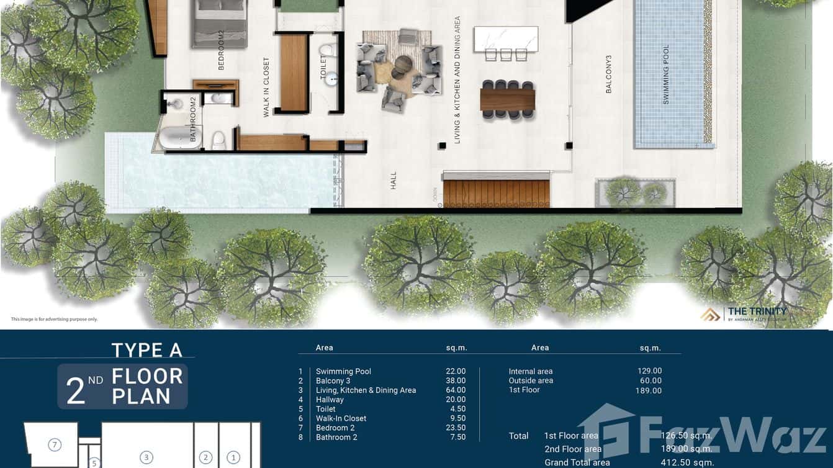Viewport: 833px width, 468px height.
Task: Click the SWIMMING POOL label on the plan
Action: coord(667,75)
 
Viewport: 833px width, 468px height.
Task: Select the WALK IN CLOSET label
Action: coord(266,88)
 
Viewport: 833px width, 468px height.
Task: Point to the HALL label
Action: coord(394,181)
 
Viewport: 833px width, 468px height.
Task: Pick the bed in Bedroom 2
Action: coord(220,23)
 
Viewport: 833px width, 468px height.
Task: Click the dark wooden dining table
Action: coord(507,99)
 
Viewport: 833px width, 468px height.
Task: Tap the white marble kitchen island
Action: coord(506,38)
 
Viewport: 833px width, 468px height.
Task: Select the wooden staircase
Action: coord(497,193)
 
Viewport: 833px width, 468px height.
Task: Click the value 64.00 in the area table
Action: coord(456,390)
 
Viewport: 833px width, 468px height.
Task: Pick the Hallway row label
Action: coord(330,400)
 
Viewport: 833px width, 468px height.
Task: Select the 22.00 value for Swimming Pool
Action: coord(456,372)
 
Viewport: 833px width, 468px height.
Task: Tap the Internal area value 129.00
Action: coord(649,371)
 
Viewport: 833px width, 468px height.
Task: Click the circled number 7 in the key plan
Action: coord(55,444)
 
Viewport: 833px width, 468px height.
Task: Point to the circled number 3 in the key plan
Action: coord(146,457)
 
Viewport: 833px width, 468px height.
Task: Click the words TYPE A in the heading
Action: coord(147,350)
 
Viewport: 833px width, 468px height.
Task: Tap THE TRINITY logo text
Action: coord(757,312)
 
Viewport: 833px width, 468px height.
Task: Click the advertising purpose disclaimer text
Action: coord(54,319)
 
